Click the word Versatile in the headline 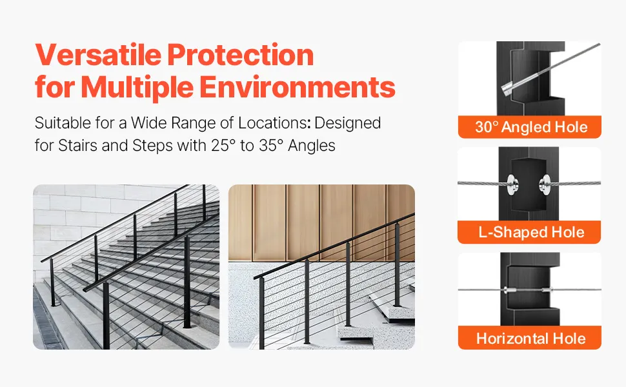pos(98,54)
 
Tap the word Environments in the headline pos(298,86)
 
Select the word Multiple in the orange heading pos(137,87)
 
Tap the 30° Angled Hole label pos(531,127)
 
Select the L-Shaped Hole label pos(531,232)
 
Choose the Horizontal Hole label pos(531,339)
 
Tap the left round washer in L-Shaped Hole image pos(512,184)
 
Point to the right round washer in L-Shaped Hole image pos(545,184)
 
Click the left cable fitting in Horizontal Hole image pos(509,290)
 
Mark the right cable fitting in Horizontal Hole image pos(547,290)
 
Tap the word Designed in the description pos(347,123)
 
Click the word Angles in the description pos(312,146)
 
